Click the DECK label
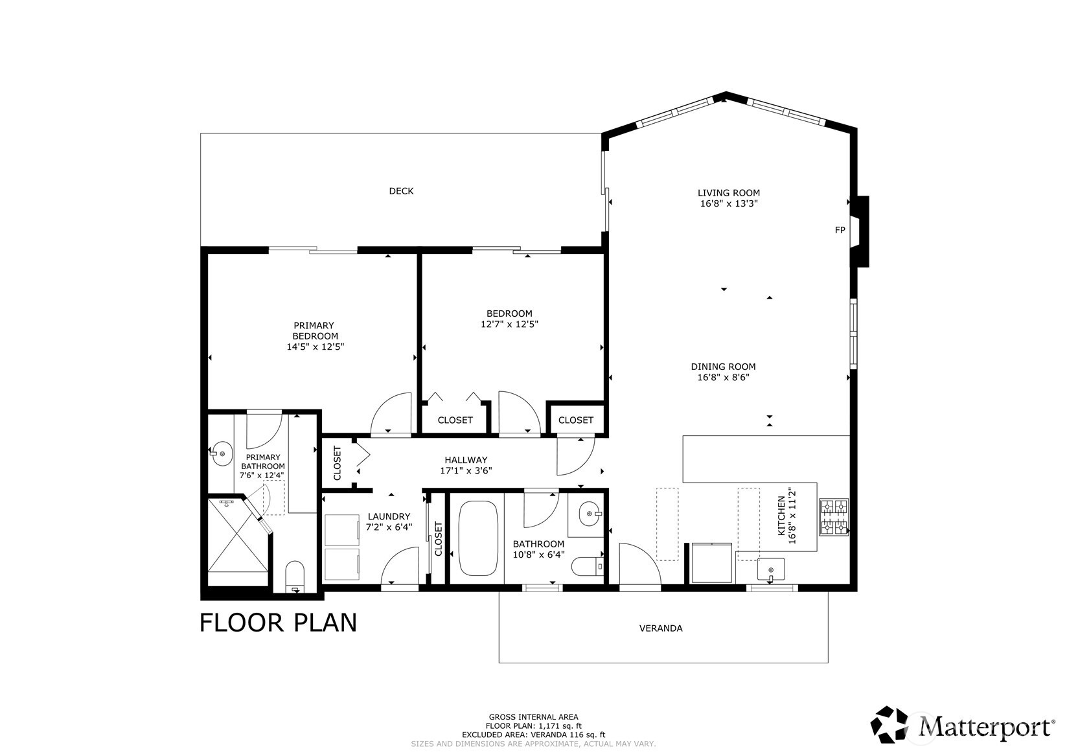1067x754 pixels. point(401,191)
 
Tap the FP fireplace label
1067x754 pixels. point(840,230)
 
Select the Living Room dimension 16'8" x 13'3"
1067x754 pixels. point(728,203)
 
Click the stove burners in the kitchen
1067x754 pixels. point(834,517)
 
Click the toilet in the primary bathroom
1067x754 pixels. point(295,575)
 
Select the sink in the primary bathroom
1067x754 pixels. point(222,453)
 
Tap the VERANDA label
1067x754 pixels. point(661,628)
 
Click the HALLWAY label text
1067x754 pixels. point(466,460)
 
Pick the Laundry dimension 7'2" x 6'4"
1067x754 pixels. point(389,527)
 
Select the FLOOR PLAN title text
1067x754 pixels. point(278,623)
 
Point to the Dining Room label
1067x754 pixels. point(723,367)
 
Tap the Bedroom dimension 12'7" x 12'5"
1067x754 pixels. point(509,325)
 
